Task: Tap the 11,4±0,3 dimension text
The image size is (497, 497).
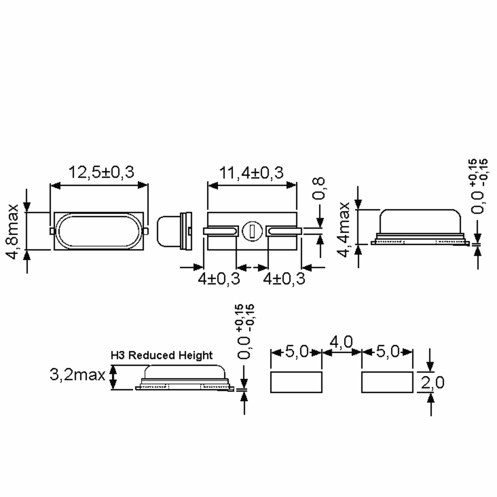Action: (251, 173)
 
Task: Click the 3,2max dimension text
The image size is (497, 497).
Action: (77, 375)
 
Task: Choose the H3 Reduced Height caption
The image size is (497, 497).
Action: (162, 355)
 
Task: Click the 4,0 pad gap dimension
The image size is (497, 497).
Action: (341, 342)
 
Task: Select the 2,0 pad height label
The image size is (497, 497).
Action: (432, 382)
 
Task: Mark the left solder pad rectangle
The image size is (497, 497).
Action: (296, 382)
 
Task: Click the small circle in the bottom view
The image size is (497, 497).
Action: (252, 231)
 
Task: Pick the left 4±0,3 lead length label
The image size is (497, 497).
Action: (219, 279)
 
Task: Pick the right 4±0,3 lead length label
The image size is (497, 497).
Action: (284, 279)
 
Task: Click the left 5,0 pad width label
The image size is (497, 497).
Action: (297, 351)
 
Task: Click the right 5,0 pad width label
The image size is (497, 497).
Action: (387, 351)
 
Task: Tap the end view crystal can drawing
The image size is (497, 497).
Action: (174, 231)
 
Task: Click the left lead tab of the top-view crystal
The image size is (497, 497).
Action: (52, 231)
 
